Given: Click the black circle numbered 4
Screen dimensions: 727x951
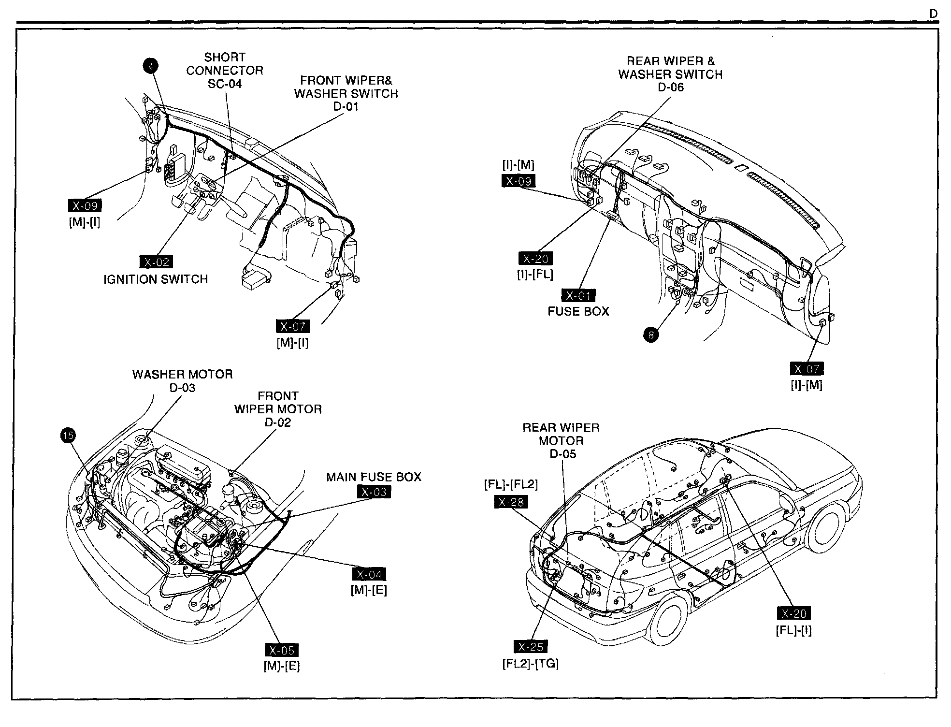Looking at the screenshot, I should pyautogui.click(x=151, y=66).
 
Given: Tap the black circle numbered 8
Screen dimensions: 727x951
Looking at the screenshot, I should pyautogui.click(x=651, y=334).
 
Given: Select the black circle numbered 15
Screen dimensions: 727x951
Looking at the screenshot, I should pyautogui.click(x=68, y=436).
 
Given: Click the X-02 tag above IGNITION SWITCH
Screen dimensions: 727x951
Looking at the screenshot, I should pyautogui.click(x=156, y=262).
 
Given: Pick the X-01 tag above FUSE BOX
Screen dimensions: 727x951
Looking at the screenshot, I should pyautogui.click(x=578, y=295).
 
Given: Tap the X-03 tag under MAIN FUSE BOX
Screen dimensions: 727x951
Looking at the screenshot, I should pyautogui.click(x=374, y=492).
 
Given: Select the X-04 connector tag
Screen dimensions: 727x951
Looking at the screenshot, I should pyautogui.click(x=369, y=574).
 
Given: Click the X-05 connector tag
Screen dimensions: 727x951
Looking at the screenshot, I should pyautogui.click(x=281, y=650).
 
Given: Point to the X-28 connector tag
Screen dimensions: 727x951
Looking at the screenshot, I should pyautogui.click(x=511, y=502).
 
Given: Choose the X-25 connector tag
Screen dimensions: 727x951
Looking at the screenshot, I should pyautogui.click(x=531, y=647).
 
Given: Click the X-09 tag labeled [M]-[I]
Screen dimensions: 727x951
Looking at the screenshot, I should pyautogui.click(x=85, y=206).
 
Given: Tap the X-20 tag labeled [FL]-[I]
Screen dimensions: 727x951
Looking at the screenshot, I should pyautogui.click(x=793, y=613).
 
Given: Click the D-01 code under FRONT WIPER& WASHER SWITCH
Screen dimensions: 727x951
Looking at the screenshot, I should pyautogui.click(x=346, y=106).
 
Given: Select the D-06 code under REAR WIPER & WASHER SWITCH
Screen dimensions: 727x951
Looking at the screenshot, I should pyautogui.click(x=671, y=87).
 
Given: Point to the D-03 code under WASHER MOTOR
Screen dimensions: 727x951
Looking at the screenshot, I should pyautogui.click(x=182, y=388).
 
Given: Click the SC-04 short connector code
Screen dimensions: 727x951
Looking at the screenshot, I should pyautogui.click(x=225, y=84).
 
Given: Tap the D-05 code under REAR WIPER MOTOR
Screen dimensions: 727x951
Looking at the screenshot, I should pyautogui.click(x=563, y=454).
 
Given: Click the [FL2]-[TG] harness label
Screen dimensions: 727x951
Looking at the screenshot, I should pyautogui.click(x=531, y=664).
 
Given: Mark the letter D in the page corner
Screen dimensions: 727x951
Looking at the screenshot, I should pyautogui.click(x=934, y=15).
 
